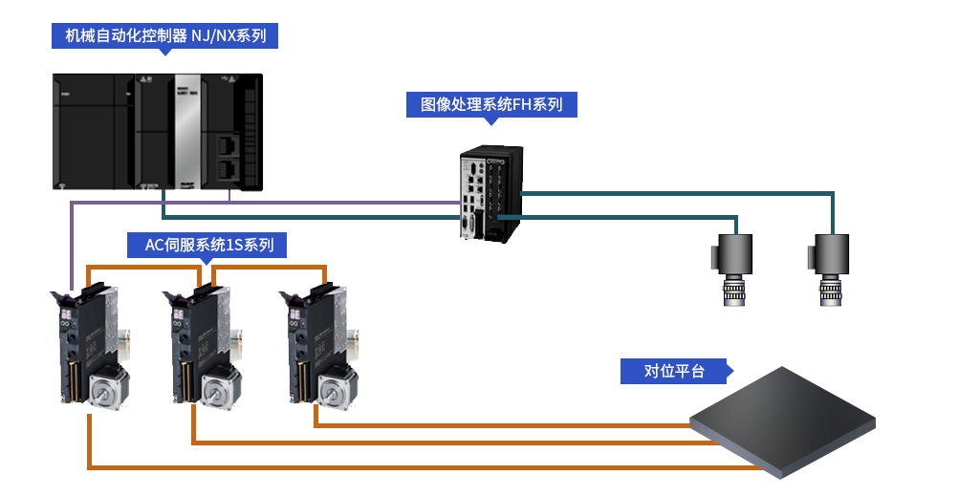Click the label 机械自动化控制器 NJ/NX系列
[x=165, y=37]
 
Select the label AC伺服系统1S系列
[x=208, y=245]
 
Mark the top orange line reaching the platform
[x=507, y=425]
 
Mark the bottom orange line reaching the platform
[x=535, y=467]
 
